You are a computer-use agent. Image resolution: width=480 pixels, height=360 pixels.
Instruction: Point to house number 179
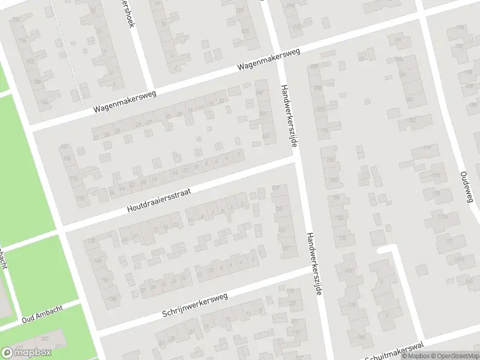(427, 148)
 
